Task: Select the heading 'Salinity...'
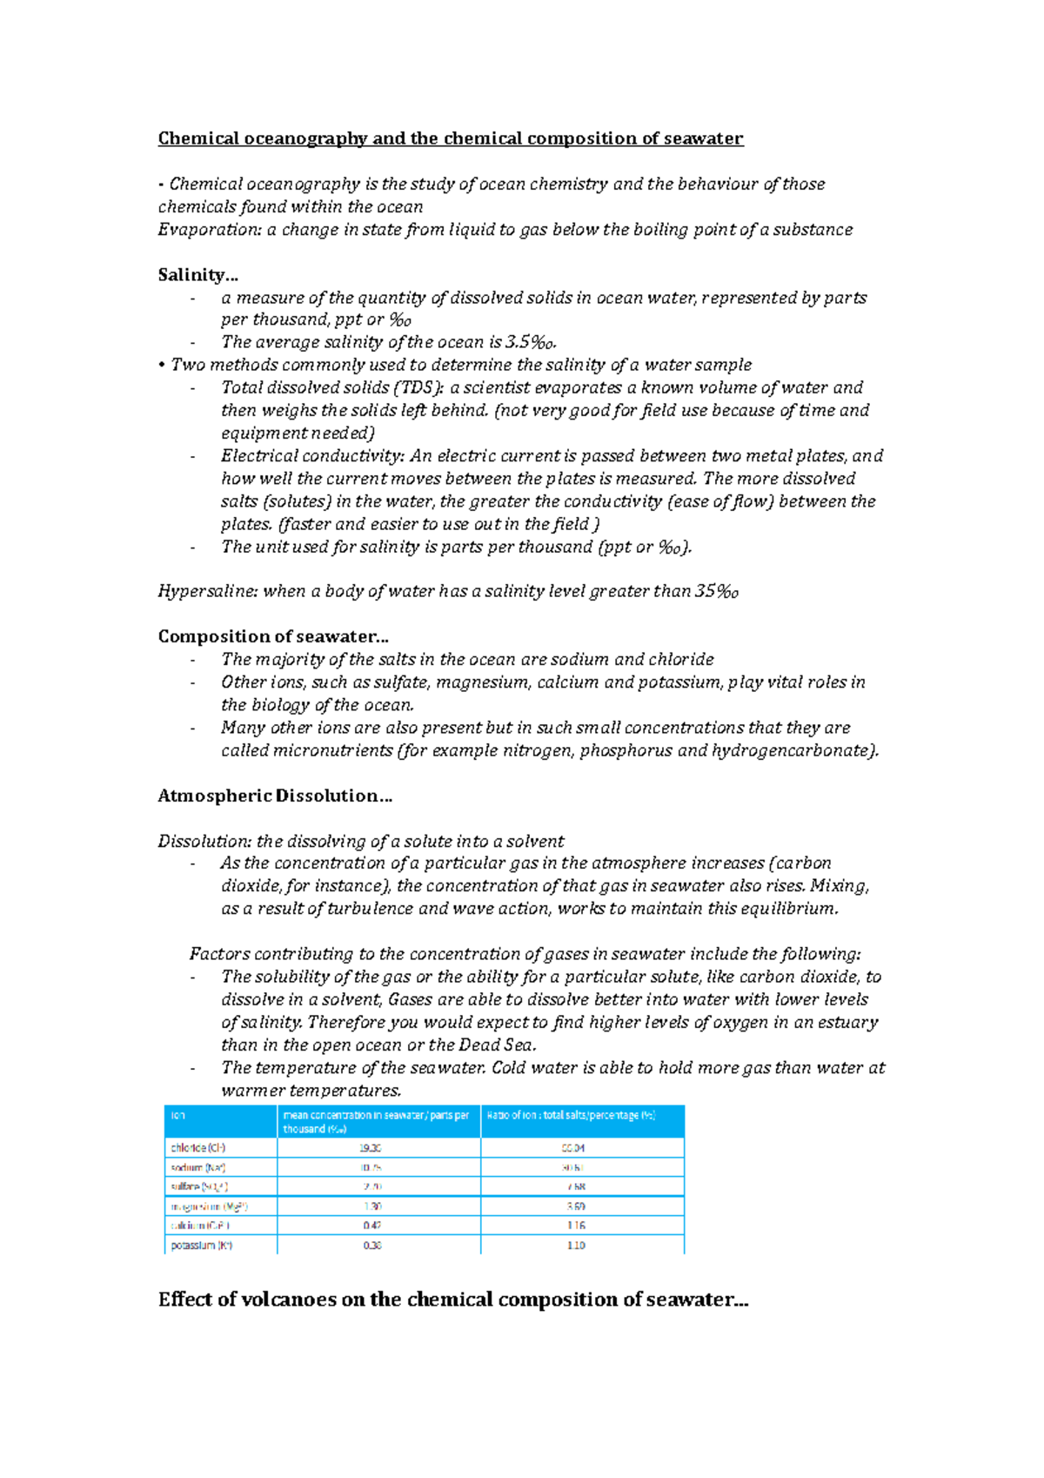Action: pos(197,275)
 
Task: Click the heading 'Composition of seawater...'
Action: pos(272,637)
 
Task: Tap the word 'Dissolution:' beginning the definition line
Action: pos(204,842)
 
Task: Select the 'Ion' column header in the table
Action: pos(178,1115)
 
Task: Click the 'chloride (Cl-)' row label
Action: pos(198,1148)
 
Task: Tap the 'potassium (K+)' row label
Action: pos(201,1246)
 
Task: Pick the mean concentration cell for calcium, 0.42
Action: pos(372,1226)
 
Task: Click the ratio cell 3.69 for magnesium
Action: pos(575,1206)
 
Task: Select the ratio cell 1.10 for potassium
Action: pos(575,1246)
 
